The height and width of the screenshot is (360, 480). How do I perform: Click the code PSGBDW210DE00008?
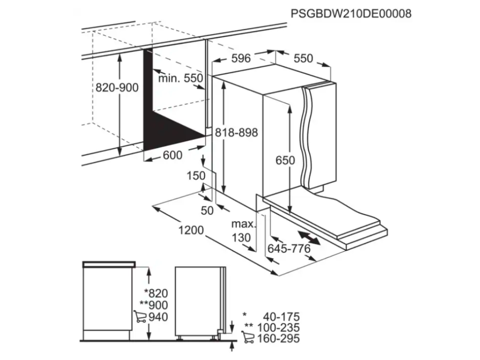pyautogui.click(x=351, y=14)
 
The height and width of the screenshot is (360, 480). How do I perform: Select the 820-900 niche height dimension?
pyautogui.click(x=117, y=88)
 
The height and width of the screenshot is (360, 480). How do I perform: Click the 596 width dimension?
pyautogui.click(x=241, y=58)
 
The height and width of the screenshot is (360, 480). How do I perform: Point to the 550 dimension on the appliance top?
pyautogui.click(x=303, y=58)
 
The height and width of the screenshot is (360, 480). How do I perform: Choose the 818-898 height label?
pyautogui.click(x=236, y=133)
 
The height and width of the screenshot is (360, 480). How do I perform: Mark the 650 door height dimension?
pyautogui.click(x=285, y=160)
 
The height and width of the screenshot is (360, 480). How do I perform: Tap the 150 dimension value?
pyautogui.click(x=196, y=176)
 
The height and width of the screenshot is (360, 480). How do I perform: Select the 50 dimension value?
pyautogui.click(x=207, y=210)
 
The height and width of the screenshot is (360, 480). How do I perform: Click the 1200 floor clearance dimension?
pyautogui.click(x=191, y=231)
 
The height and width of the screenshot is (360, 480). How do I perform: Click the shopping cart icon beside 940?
pyautogui.click(x=140, y=316)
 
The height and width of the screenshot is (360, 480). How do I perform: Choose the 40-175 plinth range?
pyautogui.click(x=281, y=317)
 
